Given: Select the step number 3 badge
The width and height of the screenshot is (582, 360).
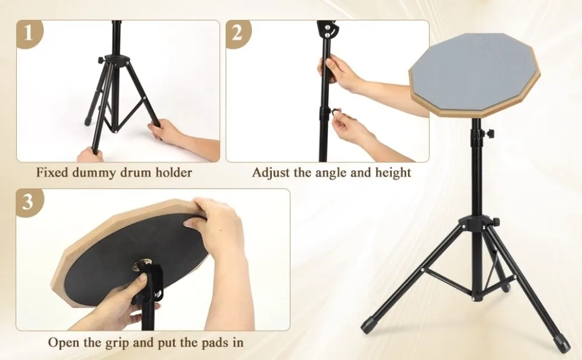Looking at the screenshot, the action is click(x=29, y=202).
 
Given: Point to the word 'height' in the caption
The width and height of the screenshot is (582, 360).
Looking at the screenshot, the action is click(x=393, y=173).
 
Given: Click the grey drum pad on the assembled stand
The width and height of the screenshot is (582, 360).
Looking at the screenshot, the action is click(x=474, y=73).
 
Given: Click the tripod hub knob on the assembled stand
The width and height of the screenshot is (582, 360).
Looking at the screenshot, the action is click(x=495, y=222).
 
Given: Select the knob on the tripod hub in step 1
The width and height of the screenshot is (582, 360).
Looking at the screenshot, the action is click(x=100, y=59).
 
